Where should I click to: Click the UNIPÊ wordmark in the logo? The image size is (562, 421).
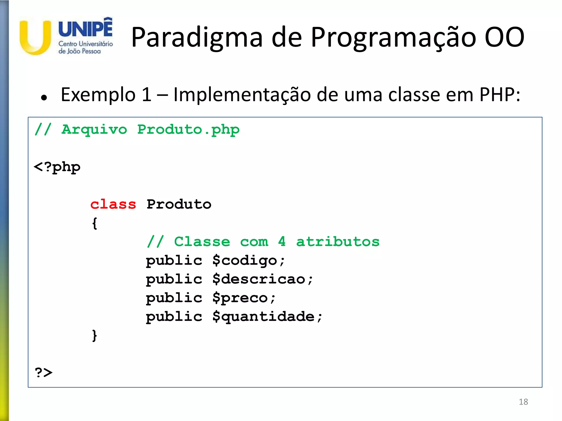[x=85, y=28]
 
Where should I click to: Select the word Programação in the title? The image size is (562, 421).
[x=393, y=38]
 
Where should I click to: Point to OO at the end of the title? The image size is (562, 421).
[x=504, y=37]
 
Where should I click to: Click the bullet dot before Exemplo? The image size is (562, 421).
[x=44, y=97]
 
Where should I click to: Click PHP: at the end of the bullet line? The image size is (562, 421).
[x=499, y=95]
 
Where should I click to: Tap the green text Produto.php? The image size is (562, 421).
[x=188, y=130]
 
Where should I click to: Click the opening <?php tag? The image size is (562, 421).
[x=57, y=167]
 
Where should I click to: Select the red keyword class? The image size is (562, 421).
[x=113, y=204]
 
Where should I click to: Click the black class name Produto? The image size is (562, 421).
[x=179, y=204]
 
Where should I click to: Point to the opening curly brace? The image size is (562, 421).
[x=94, y=223]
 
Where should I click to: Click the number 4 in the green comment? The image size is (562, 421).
[x=282, y=241]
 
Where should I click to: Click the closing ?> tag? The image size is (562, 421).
[x=44, y=372]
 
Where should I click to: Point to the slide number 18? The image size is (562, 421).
[x=523, y=402]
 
